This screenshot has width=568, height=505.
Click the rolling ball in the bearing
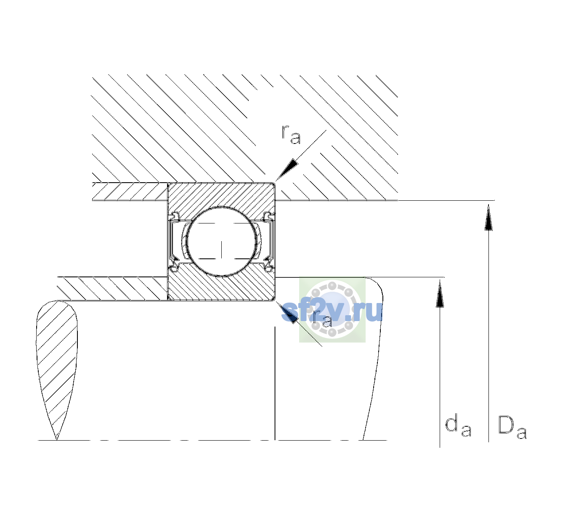pos(221,242)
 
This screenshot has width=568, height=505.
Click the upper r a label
pos(291,135)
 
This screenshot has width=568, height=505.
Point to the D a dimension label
pos(512,427)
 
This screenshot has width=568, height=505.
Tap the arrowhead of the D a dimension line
pos(488,217)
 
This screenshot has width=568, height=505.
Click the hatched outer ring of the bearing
pos(221,196)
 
